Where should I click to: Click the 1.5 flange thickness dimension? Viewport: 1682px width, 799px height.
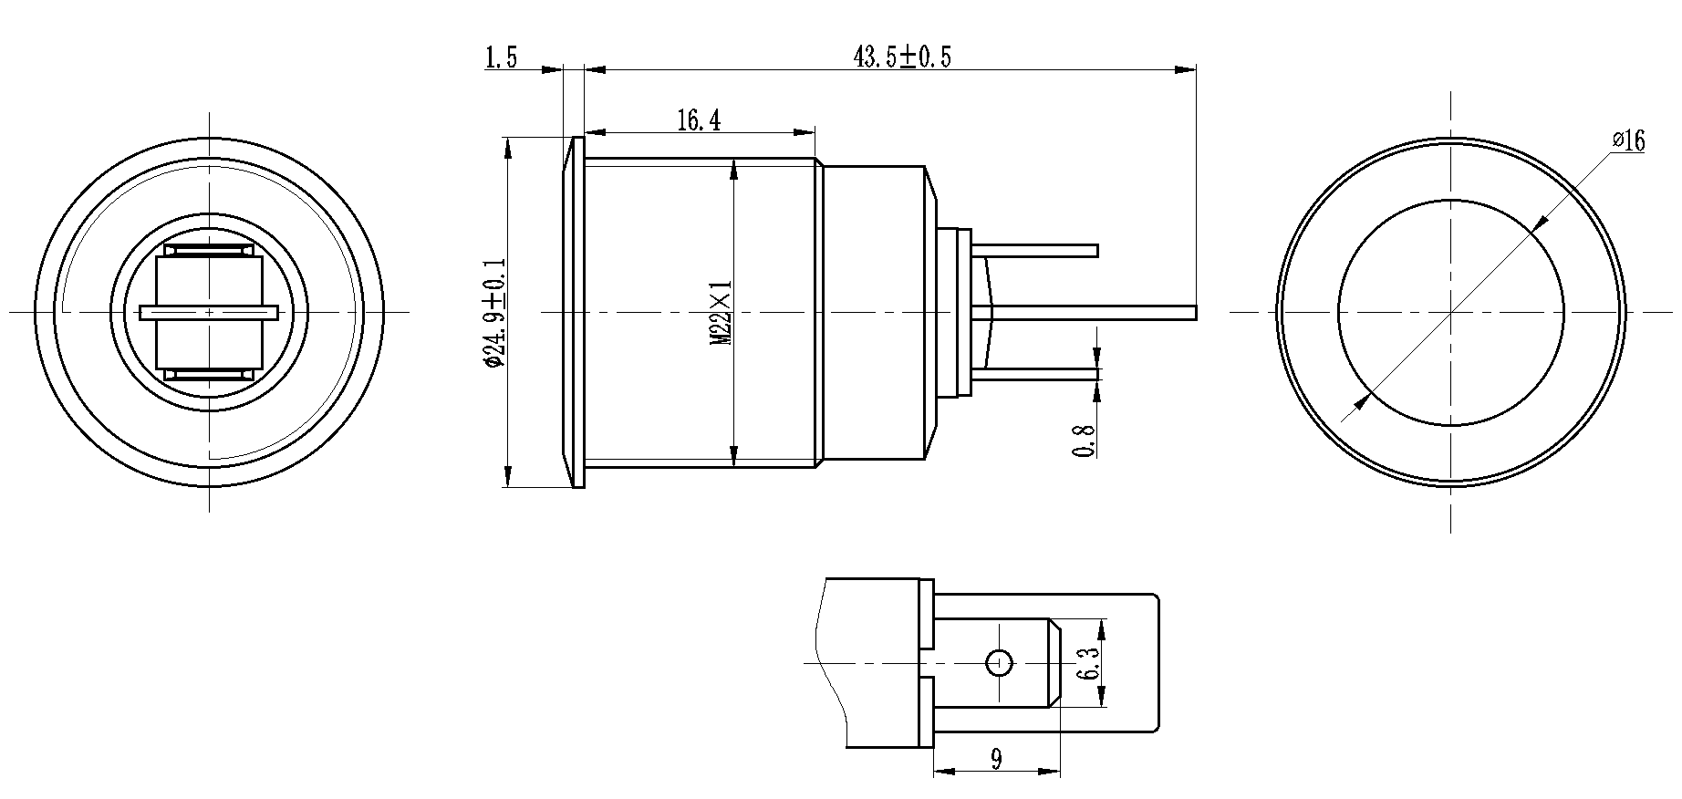[x=501, y=59]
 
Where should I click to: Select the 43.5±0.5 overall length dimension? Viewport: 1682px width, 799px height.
[x=901, y=57]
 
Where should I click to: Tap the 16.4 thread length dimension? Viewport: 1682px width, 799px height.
[x=699, y=120]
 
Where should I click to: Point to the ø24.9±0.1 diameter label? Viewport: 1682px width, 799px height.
[x=493, y=312]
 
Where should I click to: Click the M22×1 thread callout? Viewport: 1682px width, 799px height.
[x=722, y=312]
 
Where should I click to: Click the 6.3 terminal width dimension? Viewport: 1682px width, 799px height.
[x=1087, y=663]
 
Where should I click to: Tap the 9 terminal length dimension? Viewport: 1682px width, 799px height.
[x=995, y=759]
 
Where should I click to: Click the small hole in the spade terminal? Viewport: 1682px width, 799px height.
[x=1000, y=662]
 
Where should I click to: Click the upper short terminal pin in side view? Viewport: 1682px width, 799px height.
[x=1040, y=250]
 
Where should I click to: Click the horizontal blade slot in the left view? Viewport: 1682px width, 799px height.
[x=210, y=312]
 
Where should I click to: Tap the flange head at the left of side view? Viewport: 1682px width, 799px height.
[x=575, y=312]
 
